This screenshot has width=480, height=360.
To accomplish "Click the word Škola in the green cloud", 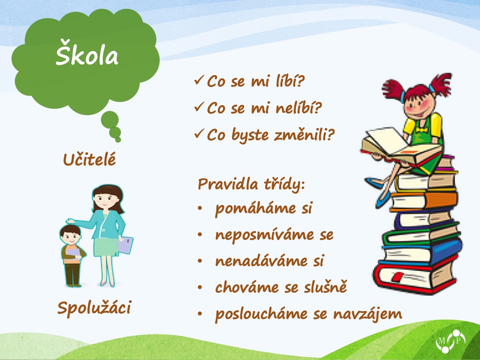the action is (x=87, y=53).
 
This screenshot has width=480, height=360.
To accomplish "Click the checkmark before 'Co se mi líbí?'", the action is (x=199, y=80).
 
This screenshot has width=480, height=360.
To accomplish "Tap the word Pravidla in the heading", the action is (x=228, y=184).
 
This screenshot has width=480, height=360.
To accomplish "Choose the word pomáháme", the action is (x=256, y=209).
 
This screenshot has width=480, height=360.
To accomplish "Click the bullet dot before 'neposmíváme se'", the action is (x=200, y=234).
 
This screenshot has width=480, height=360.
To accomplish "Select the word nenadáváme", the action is (x=261, y=261).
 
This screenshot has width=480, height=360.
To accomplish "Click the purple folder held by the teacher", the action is (x=125, y=244).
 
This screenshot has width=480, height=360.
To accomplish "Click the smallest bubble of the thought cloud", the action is (x=118, y=140).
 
